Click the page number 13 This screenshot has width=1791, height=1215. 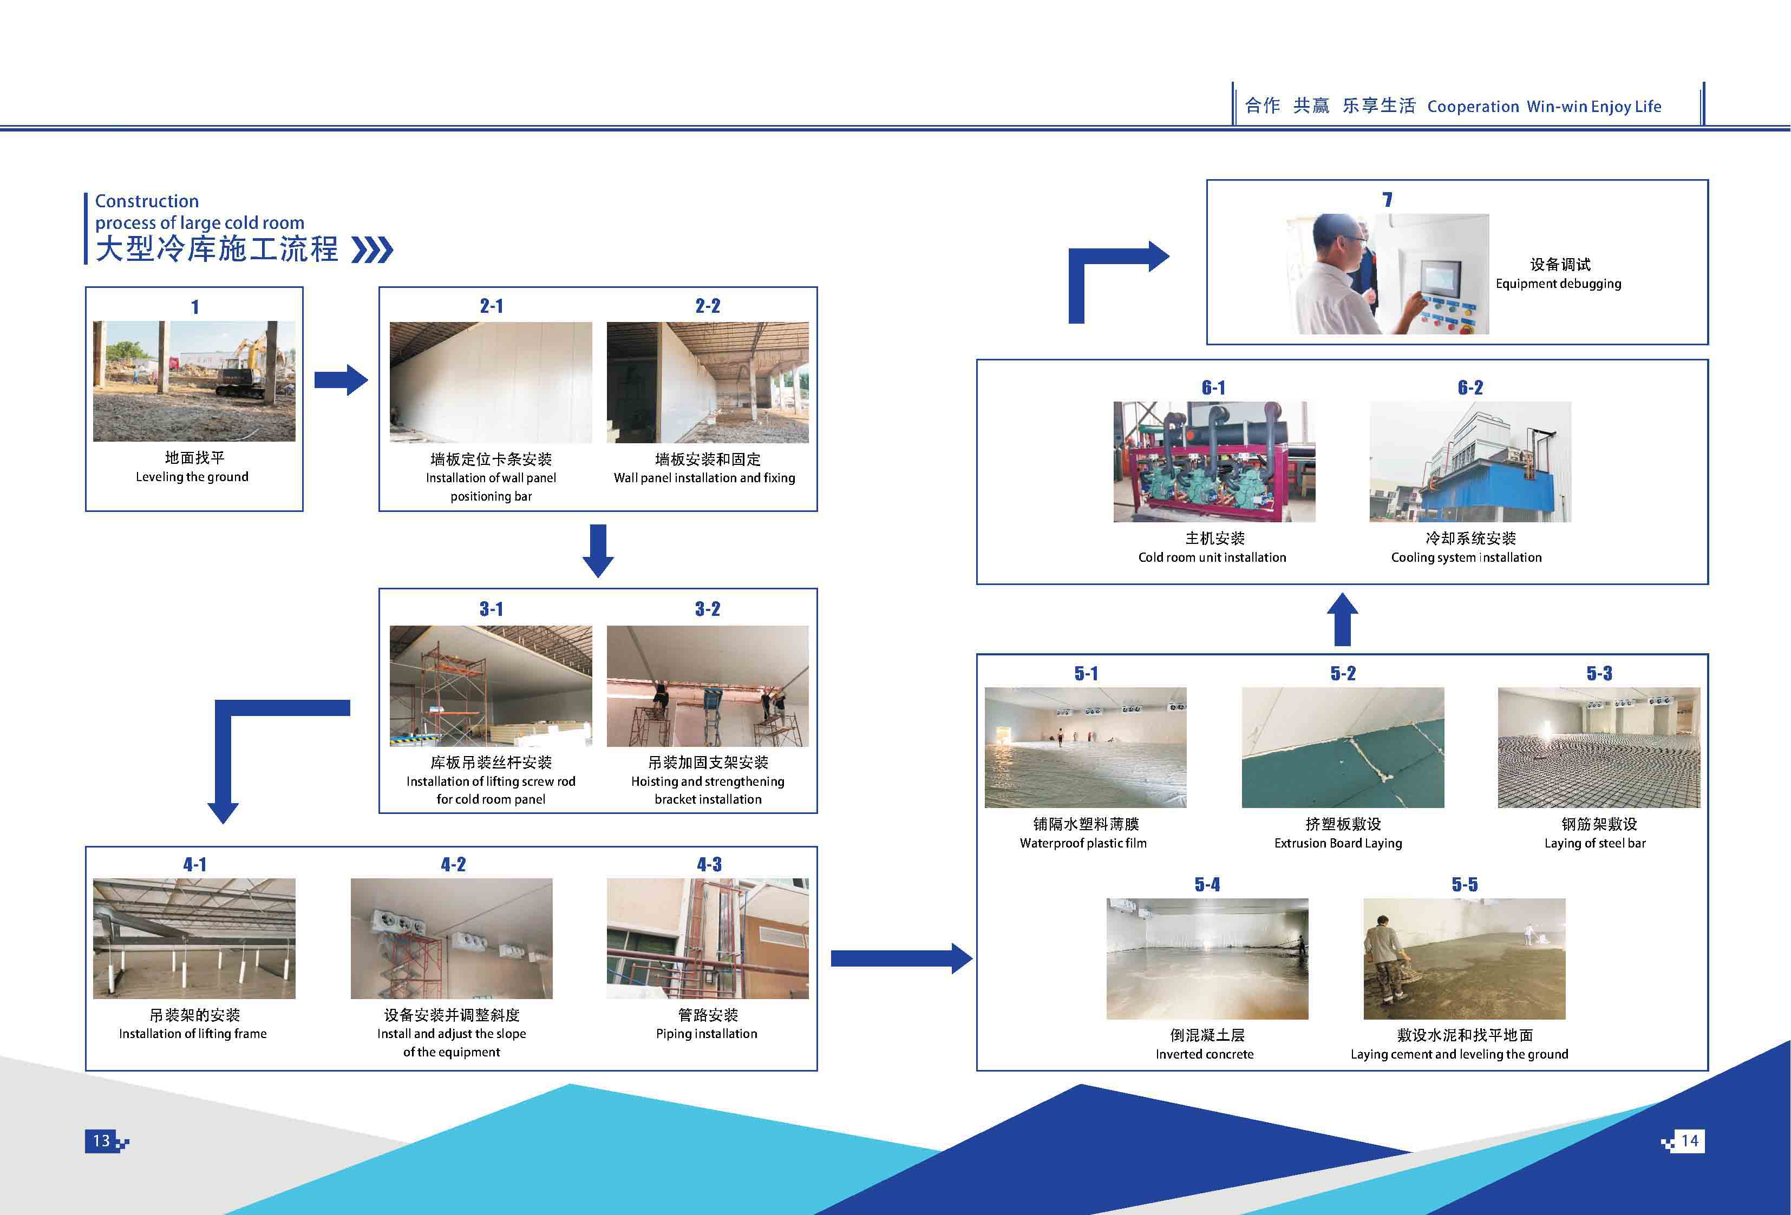click(x=101, y=1140)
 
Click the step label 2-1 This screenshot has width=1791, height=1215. click(x=491, y=306)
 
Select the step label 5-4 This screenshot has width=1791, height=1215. click(x=1207, y=884)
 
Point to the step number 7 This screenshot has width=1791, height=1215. click(x=1387, y=200)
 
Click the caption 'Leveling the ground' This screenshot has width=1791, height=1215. click(x=192, y=477)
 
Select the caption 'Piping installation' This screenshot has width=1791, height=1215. click(x=707, y=1034)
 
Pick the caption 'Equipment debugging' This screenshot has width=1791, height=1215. click(x=1558, y=284)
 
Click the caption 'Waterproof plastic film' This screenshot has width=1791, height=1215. click(x=1083, y=843)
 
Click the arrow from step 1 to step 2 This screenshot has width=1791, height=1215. click(x=341, y=379)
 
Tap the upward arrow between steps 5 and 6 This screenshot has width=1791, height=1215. click(x=1342, y=619)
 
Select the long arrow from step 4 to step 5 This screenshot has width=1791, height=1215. click(x=901, y=958)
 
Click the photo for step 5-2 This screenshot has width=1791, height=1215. click(x=1343, y=747)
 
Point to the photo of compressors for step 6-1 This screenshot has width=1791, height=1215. click(x=1214, y=462)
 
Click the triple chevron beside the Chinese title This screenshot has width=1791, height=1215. click(x=372, y=249)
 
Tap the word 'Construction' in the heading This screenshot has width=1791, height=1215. click(x=146, y=201)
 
